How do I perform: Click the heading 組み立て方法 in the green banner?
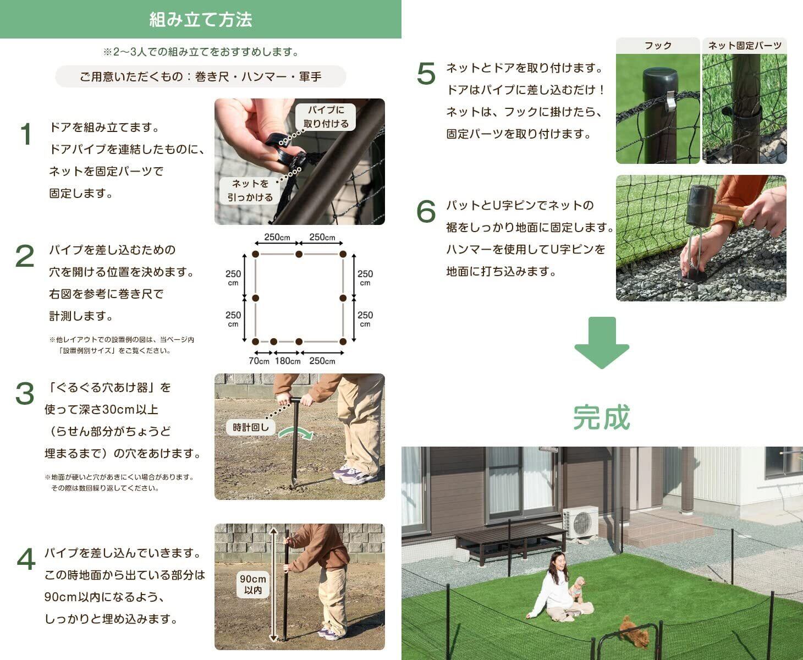(201, 19)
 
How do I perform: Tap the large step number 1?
(25, 134)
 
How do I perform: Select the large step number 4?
(26, 559)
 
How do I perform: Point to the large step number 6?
(426, 211)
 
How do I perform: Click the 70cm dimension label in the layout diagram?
(259, 361)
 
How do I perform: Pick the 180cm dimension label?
(288, 361)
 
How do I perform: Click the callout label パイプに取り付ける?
(326, 117)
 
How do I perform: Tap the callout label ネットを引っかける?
(250, 190)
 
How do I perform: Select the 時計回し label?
(251, 427)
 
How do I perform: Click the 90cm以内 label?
(253, 584)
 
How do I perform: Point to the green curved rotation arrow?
(296, 433)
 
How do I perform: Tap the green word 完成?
(602, 417)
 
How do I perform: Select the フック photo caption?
(658, 46)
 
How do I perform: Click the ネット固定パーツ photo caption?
(745, 46)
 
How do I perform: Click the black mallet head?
(700, 205)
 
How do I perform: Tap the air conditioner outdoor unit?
(581, 522)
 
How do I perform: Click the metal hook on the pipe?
(670, 100)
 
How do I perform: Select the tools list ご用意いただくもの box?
(201, 76)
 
